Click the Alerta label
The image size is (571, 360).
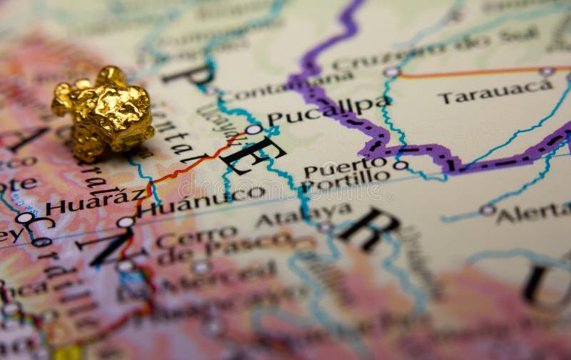533,212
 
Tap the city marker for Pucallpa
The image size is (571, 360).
253,129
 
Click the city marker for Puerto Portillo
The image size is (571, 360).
400,166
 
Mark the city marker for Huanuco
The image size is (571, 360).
126,222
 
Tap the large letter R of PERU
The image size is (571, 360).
370,229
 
